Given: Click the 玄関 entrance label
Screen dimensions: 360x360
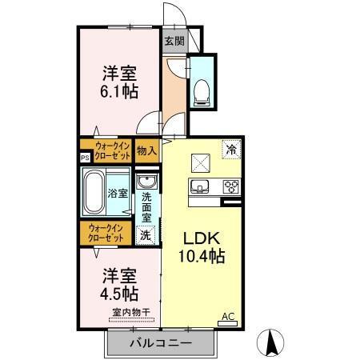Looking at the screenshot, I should (174, 41).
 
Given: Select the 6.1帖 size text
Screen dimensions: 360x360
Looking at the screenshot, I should (118, 91).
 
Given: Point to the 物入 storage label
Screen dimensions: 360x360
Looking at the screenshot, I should (146, 150).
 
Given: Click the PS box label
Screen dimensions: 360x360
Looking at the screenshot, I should (85, 158).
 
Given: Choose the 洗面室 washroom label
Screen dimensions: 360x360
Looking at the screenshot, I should (146, 207).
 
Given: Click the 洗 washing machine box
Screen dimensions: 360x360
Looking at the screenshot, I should (146, 235).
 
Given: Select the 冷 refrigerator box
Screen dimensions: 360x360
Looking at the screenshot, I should (230, 150).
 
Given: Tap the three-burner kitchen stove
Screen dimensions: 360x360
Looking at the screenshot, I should (230, 188).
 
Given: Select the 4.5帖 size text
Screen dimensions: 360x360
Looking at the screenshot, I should (118, 292).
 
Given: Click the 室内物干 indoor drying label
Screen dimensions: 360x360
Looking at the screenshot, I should (131, 312).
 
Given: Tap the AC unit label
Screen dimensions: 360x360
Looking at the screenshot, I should (227, 317).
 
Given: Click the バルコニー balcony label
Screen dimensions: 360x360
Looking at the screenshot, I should (161, 343).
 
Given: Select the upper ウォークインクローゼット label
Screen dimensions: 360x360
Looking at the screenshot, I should (107, 150).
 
